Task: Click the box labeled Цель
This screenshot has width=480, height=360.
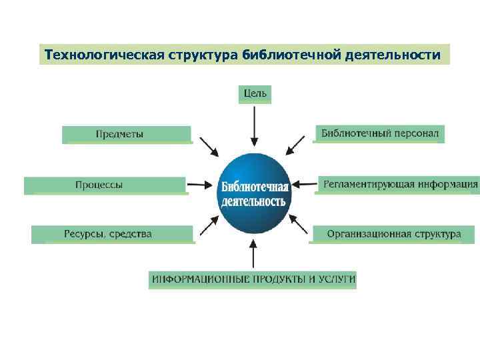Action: pos(255,94)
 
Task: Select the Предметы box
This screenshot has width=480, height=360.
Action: pos(127,134)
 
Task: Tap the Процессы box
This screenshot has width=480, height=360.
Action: pos(105,185)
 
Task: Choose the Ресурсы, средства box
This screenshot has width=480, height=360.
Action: pos(112,234)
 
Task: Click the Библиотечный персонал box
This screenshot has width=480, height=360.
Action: pos(379,133)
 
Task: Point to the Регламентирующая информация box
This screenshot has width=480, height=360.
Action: pos(399,184)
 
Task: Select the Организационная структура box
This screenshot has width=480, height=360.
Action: pos(393,234)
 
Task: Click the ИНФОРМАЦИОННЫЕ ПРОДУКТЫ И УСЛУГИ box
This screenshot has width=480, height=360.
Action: pos(253,279)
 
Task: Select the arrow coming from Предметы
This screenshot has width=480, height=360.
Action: pos(209,147)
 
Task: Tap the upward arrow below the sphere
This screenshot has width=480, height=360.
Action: pos(253,253)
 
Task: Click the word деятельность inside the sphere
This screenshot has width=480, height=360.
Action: pos(253,201)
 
